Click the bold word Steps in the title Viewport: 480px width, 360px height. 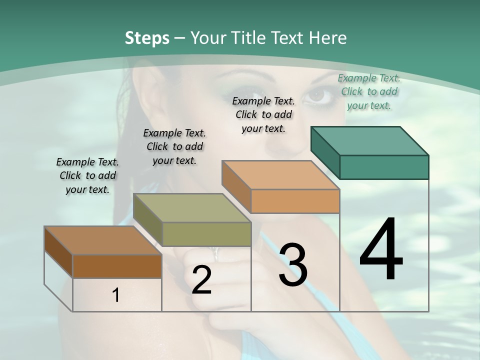(x=147, y=38)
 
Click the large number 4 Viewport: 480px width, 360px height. (x=381, y=250)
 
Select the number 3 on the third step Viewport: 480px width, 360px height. (x=293, y=265)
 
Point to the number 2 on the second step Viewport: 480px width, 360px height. (x=201, y=280)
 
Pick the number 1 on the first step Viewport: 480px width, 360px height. (x=116, y=295)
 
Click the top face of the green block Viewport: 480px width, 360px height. (x=369, y=140)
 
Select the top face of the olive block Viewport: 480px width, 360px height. (x=191, y=208)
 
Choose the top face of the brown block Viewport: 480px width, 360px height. (x=102, y=240)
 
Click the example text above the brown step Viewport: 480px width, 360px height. (x=87, y=175)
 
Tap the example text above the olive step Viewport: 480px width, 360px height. (x=174, y=146)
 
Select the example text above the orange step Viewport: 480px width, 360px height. (x=263, y=114)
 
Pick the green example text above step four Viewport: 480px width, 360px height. (x=369, y=91)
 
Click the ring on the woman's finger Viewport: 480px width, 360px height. (x=216, y=253)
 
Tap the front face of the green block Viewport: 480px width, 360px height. (x=384, y=167)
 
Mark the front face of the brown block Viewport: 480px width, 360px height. (x=117, y=266)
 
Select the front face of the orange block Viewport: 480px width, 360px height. (x=295, y=201)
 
